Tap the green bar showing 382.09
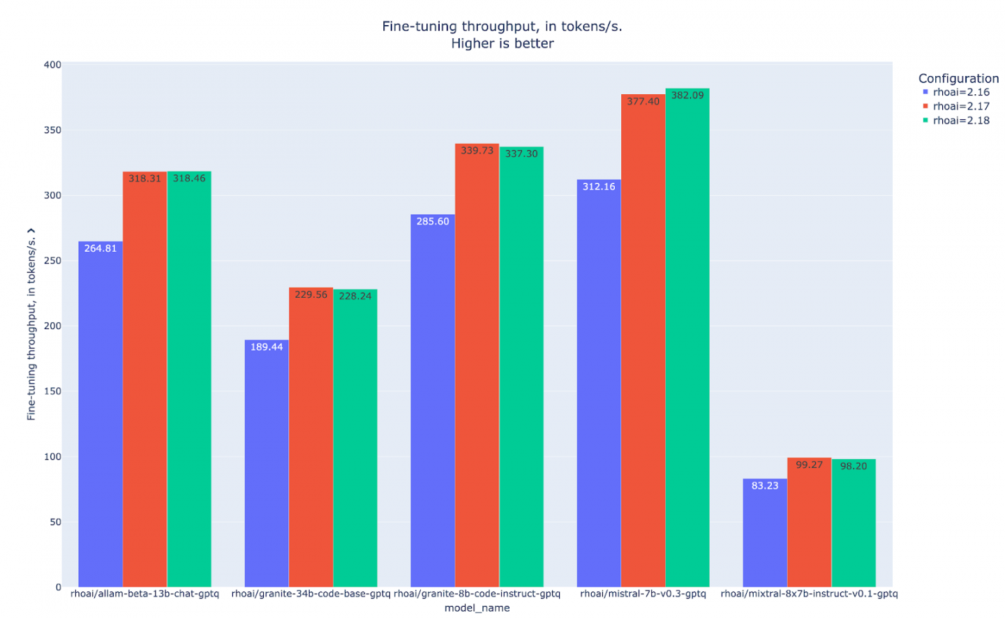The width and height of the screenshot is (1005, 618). point(687,338)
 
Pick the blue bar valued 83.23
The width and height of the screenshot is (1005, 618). point(765,533)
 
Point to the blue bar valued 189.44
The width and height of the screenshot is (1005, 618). point(267,463)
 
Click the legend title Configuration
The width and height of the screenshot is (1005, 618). point(958,78)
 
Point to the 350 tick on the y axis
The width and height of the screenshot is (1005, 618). point(52,130)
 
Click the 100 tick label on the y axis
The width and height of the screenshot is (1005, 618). point(52,457)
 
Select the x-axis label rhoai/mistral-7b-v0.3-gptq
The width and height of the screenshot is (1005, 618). point(643,594)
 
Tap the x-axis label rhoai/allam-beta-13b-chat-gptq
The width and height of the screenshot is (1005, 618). point(144,594)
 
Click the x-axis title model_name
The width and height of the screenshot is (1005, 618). point(477,608)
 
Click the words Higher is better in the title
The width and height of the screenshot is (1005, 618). point(502,43)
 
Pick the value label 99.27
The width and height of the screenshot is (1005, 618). point(809,465)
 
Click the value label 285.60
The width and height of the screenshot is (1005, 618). point(433,221)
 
